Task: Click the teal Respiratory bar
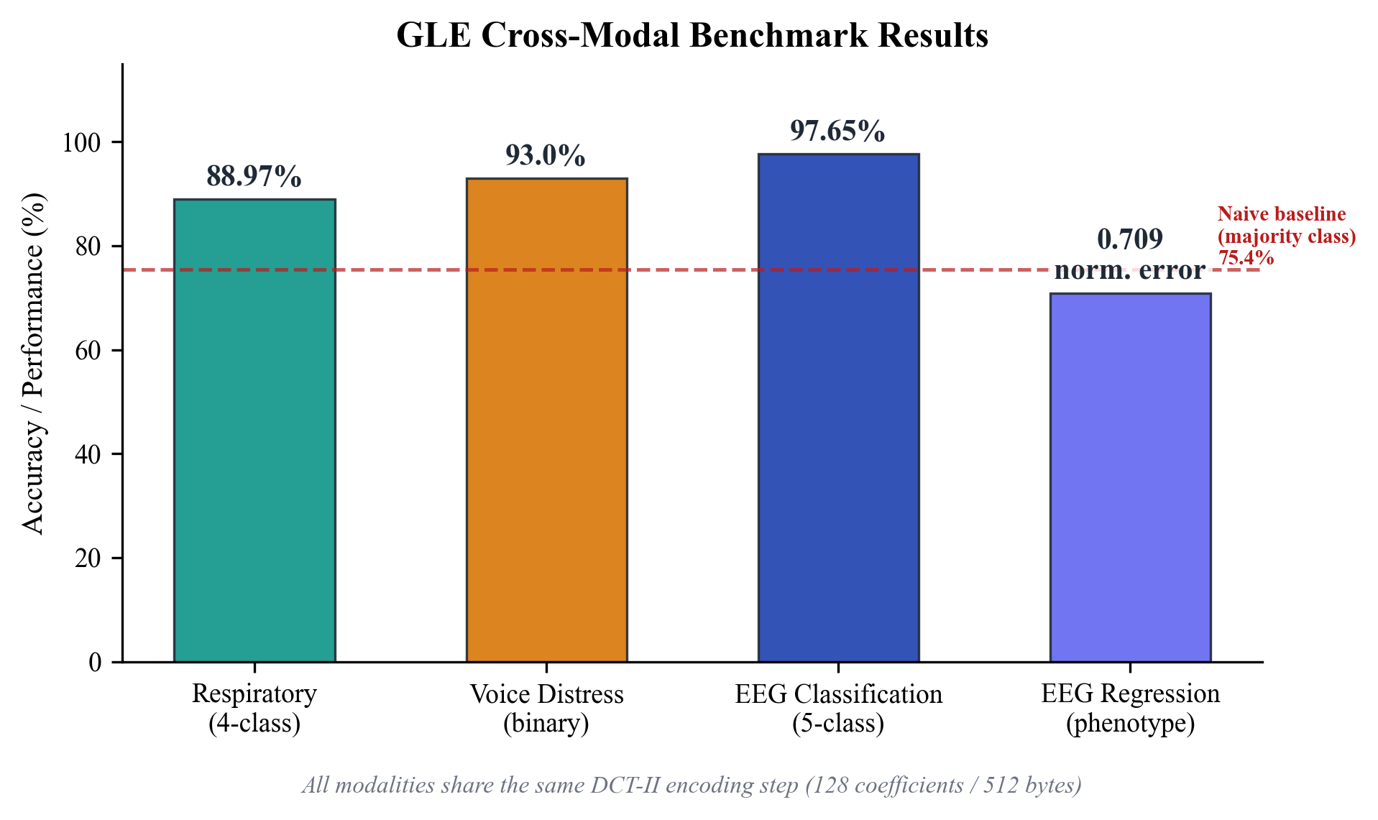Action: (x=254, y=431)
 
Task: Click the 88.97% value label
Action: (x=254, y=176)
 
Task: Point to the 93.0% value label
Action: (x=545, y=155)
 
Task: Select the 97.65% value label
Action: (x=837, y=131)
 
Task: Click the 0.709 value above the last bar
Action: (x=1130, y=239)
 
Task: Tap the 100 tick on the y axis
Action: (x=81, y=142)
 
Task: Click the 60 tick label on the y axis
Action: (x=88, y=351)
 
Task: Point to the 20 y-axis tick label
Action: (x=88, y=558)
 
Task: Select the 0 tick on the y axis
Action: (x=95, y=662)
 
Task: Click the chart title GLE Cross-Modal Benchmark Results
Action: (x=692, y=34)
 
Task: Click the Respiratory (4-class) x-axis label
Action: (x=254, y=708)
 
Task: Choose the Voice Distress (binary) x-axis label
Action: (x=546, y=708)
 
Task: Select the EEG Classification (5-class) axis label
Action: (x=838, y=708)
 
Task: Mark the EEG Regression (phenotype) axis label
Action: (x=1130, y=708)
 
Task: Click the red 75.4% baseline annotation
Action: (x=1246, y=257)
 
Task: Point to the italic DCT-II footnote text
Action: (x=692, y=785)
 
